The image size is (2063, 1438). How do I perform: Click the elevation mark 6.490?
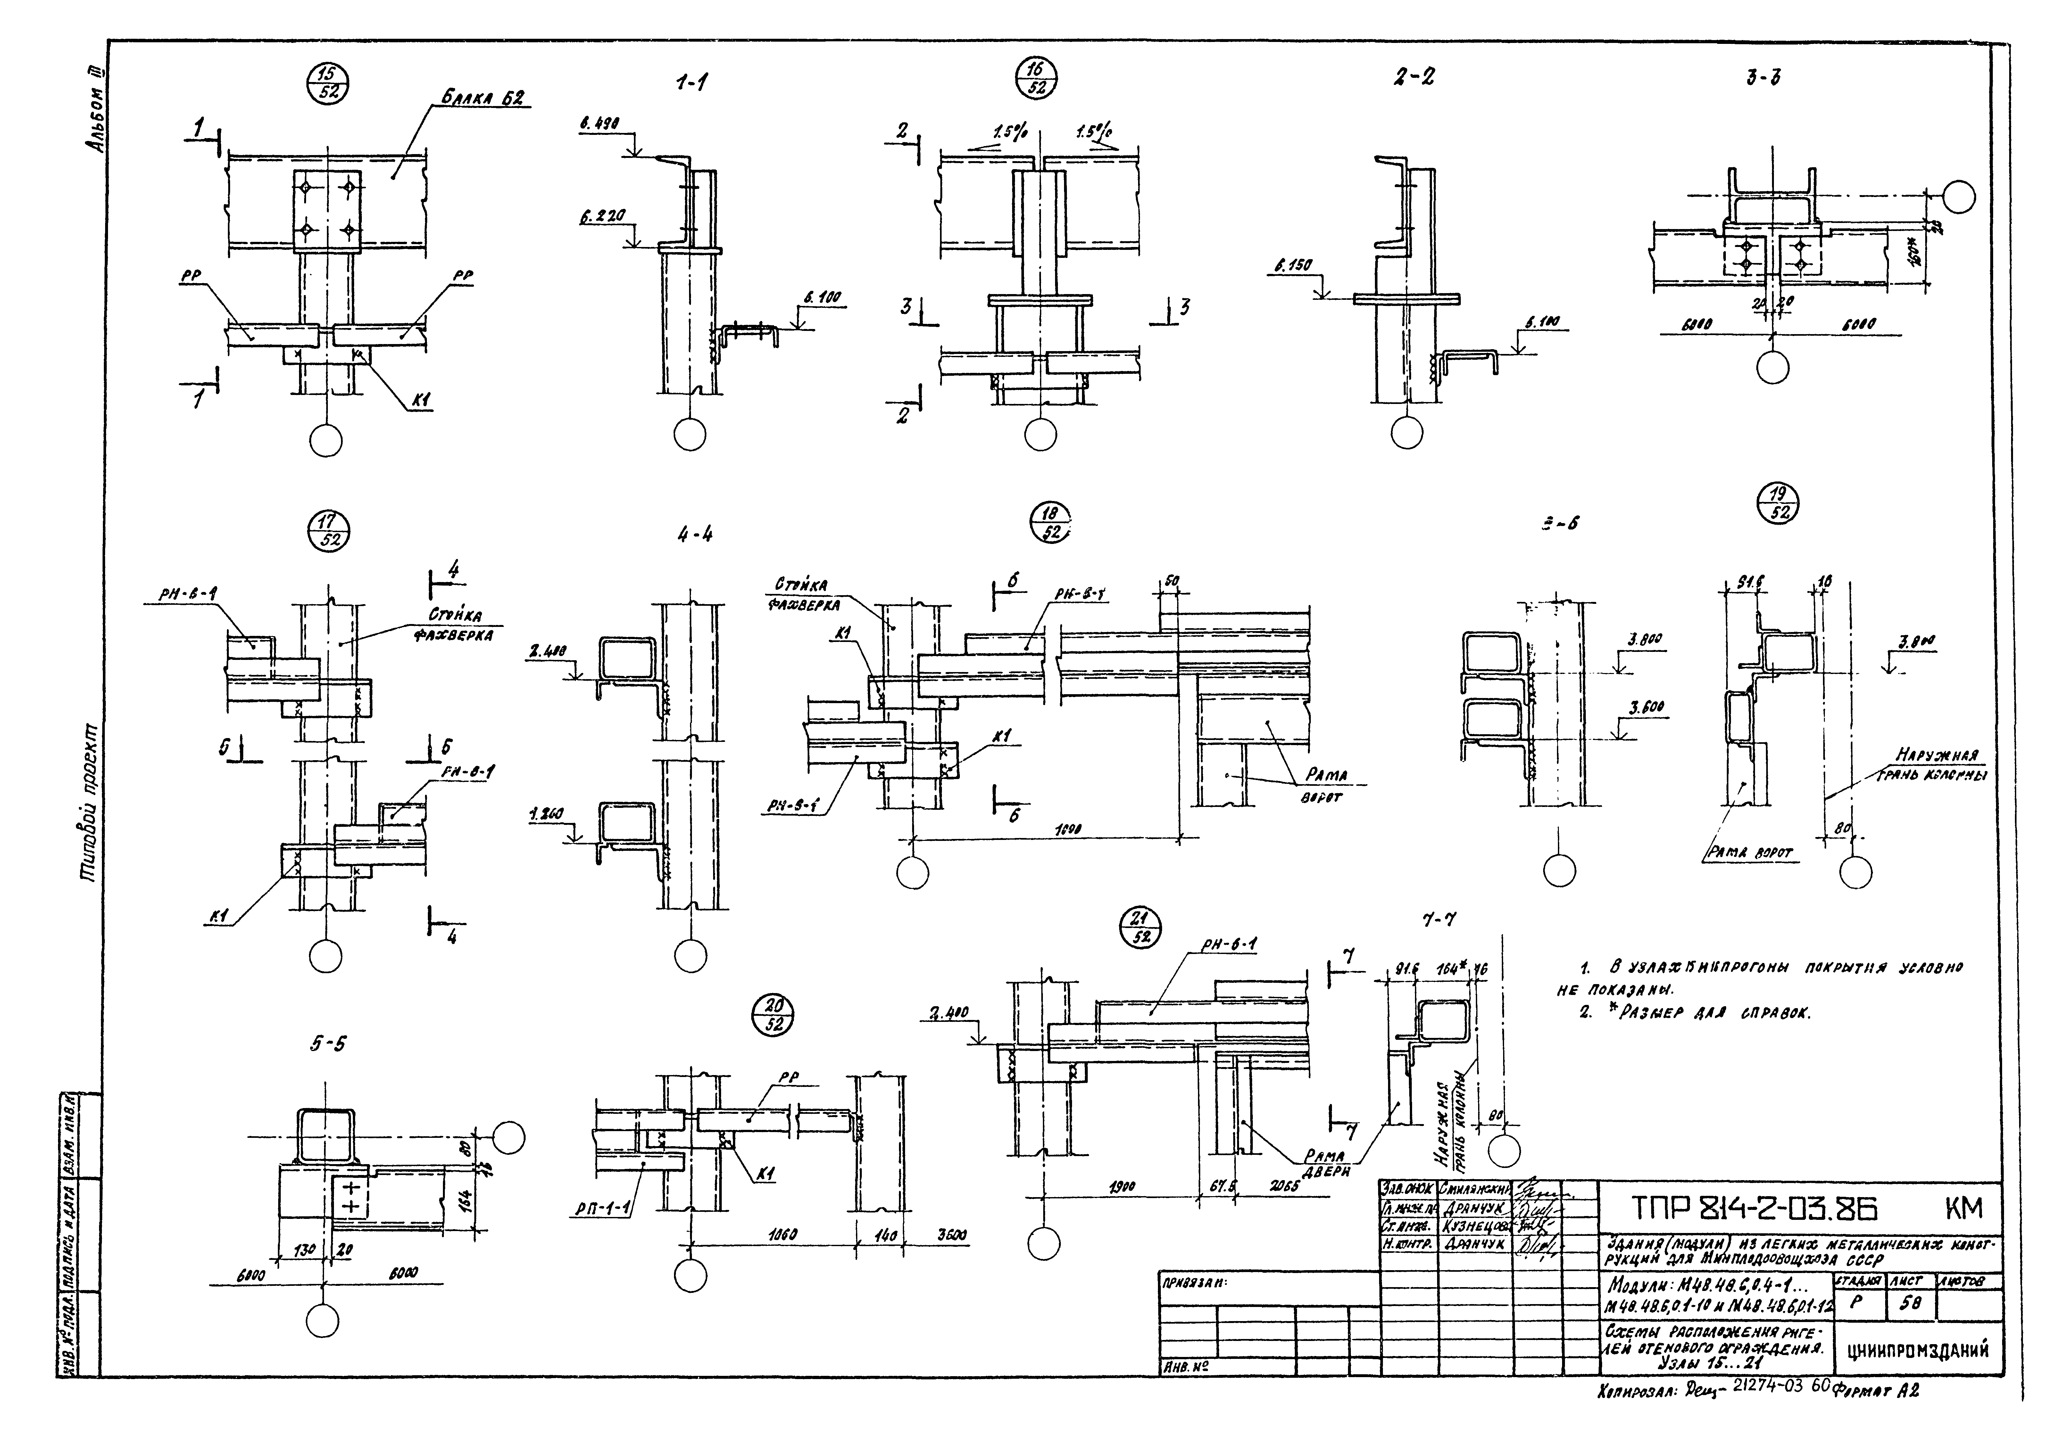click(x=600, y=127)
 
